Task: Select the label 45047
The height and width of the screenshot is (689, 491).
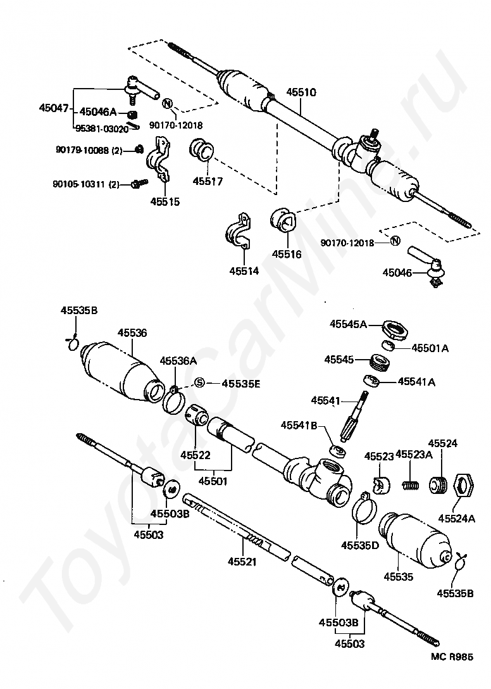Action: pyautogui.click(x=53, y=108)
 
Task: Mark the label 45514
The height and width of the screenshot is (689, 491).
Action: pyautogui.click(x=244, y=271)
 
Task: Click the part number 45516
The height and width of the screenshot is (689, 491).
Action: pyautogui.click(x=287, y=254)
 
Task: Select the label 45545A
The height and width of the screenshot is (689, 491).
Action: pyautogui.click(x=348, y=324)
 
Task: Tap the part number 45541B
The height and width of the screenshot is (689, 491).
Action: pyautogui.click(x=299, y=426)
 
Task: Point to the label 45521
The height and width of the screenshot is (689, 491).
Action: pyautogui.click(x=244, y=561)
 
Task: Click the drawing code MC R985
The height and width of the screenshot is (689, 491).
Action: pyautogui.click(x=451, y=658)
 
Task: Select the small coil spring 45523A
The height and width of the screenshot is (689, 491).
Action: pyautogui.click(x=411, y=486)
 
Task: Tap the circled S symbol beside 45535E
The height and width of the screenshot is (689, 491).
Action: pyautogui.click(x=199, y=382)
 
